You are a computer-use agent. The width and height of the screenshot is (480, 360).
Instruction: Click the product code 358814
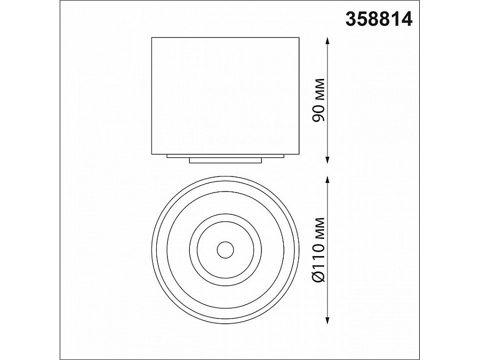tap(379, 20)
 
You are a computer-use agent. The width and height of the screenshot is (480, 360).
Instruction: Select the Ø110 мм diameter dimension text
tap(318, 250)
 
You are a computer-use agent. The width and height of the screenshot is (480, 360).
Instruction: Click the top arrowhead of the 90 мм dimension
tap(327, 41)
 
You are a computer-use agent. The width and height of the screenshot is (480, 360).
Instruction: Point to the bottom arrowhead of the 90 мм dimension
tap(327, 161)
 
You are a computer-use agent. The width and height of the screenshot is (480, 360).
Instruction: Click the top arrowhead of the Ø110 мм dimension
tap(327, 180)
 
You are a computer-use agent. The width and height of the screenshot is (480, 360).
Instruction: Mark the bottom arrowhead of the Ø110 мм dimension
tap(327, 321)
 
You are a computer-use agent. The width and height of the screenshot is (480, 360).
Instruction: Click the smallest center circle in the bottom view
tap(224, 249)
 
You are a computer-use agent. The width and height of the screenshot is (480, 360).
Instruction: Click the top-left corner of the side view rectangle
tap(152, 37)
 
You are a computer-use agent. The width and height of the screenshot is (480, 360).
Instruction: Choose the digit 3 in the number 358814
tap(351, 20)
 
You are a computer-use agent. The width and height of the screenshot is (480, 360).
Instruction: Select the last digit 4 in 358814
tap(407, 20)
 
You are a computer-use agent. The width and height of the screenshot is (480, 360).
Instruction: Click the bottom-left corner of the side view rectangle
tap(152, 155)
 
